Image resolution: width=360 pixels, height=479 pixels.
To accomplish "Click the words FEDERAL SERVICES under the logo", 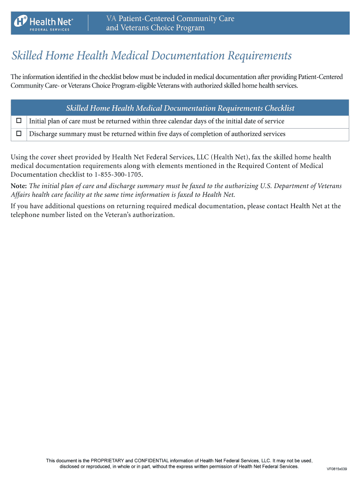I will pyautogui.click(x=50, y=29).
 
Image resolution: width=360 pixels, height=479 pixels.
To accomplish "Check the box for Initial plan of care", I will pyautogui.click(x=19, y=121).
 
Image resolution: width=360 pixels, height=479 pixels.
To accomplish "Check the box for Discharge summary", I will pyautogui.click(x=19, y=134).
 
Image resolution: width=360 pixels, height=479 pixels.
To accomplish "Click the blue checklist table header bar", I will pyautogui.click(x=180, y=108).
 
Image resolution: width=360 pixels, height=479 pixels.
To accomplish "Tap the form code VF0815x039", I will pyautogui.click(x=337, y=469).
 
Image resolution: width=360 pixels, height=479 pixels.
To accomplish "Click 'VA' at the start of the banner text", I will pyautogui.click(x=111, y=19).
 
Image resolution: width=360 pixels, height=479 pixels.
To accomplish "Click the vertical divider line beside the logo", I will pyautogui.click(x=88, y=23).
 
